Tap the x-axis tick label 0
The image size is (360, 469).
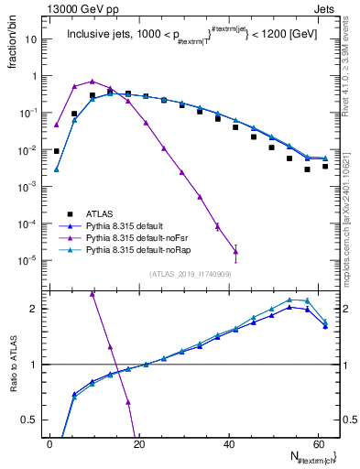50,442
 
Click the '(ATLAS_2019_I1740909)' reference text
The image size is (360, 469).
190,273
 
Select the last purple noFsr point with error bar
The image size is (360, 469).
235,252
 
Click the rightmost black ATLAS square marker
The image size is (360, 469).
325,166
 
